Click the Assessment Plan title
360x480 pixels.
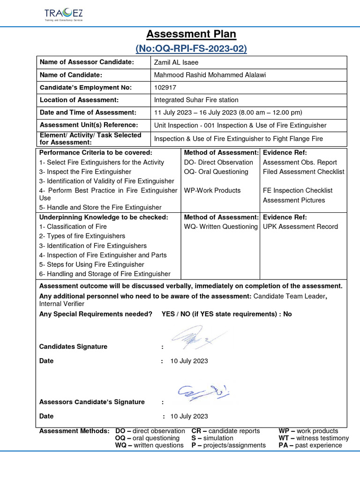point(191,34)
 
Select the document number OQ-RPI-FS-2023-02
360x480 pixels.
point(191,48)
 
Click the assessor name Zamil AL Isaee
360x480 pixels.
point(176,62)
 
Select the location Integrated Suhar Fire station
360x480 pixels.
point(196,100)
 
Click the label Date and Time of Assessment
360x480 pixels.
point(88,112)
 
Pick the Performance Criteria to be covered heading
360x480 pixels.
point(96,153)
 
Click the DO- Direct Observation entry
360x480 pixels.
point(218,162)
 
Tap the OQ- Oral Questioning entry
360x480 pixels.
point(216,172)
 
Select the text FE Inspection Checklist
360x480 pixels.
point(298,190)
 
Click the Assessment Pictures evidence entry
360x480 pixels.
point(294,200)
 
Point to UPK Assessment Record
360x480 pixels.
point(300,226)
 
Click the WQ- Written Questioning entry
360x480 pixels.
point(221,226)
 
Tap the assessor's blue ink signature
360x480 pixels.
point(202,392)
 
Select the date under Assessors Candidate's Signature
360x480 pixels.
point(189,416)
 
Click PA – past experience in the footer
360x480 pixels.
point(310,445)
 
